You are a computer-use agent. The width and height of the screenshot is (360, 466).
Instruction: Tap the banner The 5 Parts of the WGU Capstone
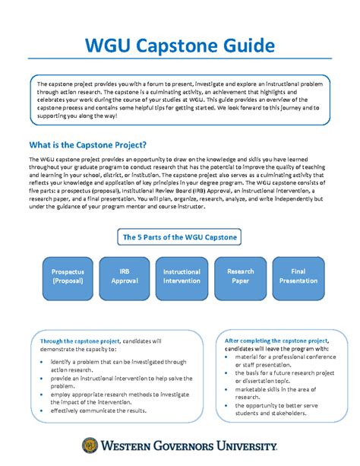coord(180,237)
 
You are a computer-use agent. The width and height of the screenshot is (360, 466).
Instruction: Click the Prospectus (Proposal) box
coord(68,275)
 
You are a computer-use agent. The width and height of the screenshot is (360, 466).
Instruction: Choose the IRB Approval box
coord(125,275)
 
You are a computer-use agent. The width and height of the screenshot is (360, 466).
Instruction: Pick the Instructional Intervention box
coord(182,275)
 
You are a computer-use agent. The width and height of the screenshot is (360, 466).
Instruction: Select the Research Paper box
coord(240,275)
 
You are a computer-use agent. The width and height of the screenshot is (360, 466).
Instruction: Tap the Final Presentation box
coord(297,275)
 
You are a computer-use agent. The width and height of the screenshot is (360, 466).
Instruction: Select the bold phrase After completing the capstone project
coord(272,341)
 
